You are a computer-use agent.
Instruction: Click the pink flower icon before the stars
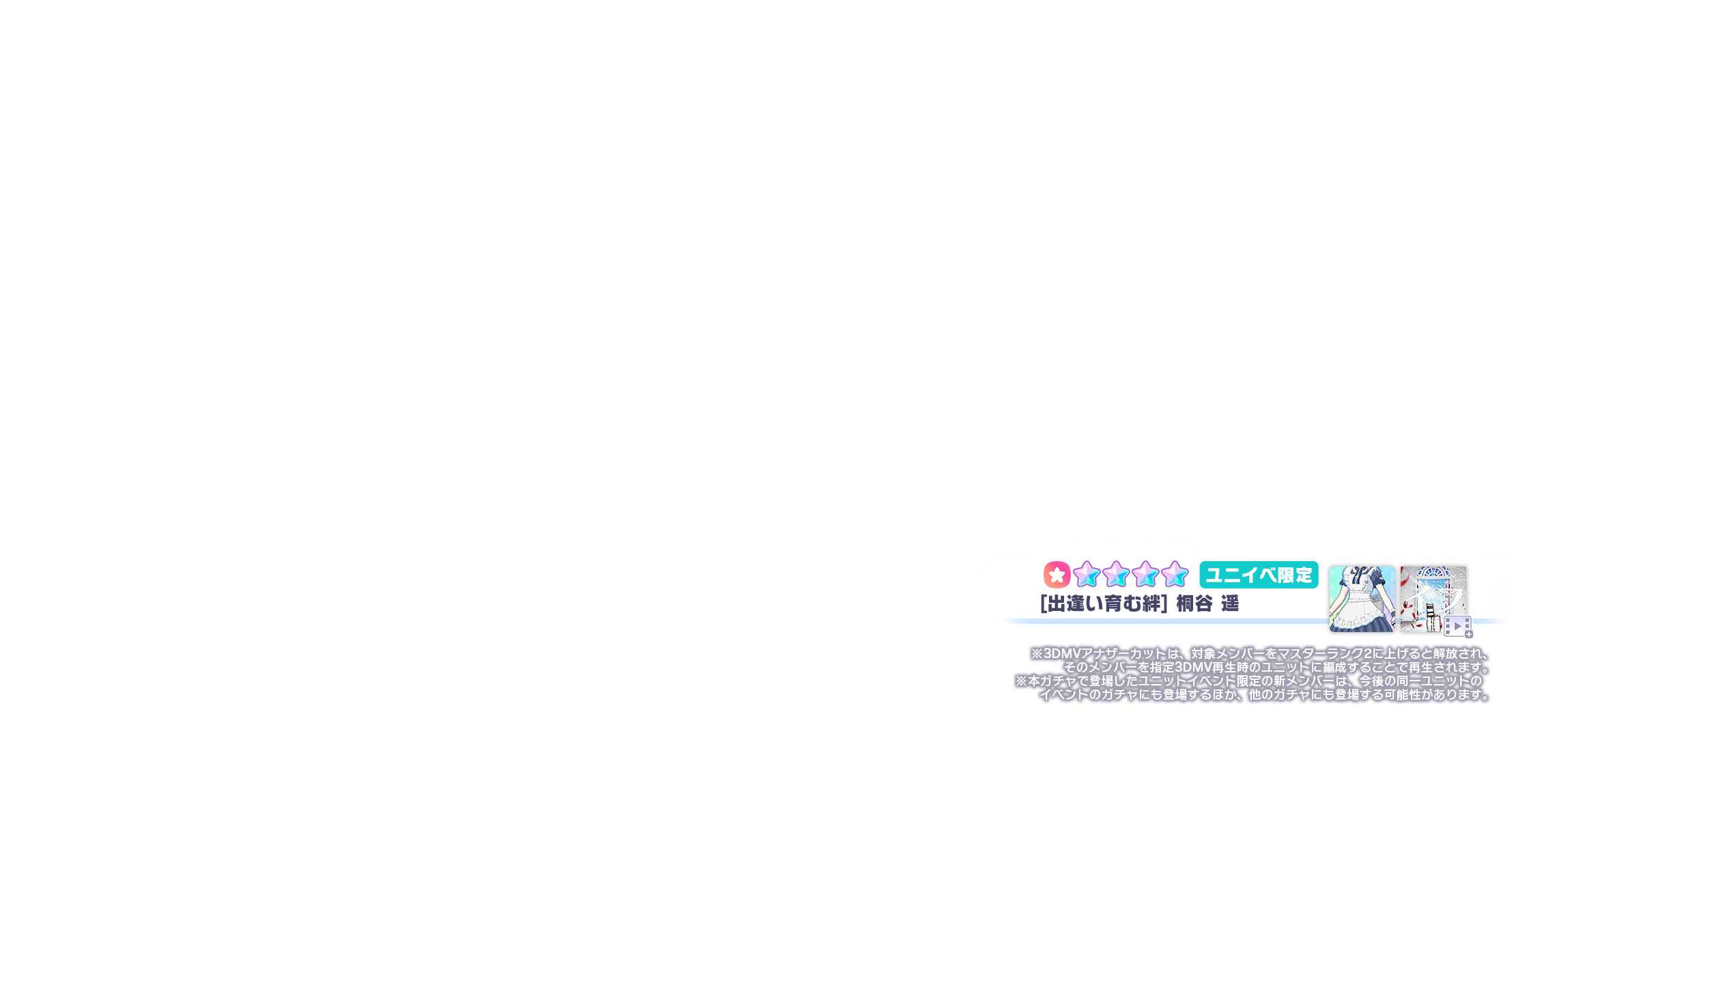[x=1056, y=575]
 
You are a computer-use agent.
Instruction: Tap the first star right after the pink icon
[x=1086, y=575]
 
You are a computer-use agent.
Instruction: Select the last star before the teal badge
[x=1175, y=575]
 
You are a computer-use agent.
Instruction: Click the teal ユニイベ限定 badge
[x=1259, y=575]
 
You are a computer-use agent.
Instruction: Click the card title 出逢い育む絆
[x=1103, y=604]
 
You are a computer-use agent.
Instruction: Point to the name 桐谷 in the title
[x=1194, y=604]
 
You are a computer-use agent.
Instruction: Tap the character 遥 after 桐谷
[x=1230, y=604]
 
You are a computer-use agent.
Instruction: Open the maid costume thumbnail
[x=1362, y=599]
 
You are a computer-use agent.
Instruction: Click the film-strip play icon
[x=1456, y=626]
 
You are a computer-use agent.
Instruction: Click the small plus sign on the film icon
[x=1469, y=634]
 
